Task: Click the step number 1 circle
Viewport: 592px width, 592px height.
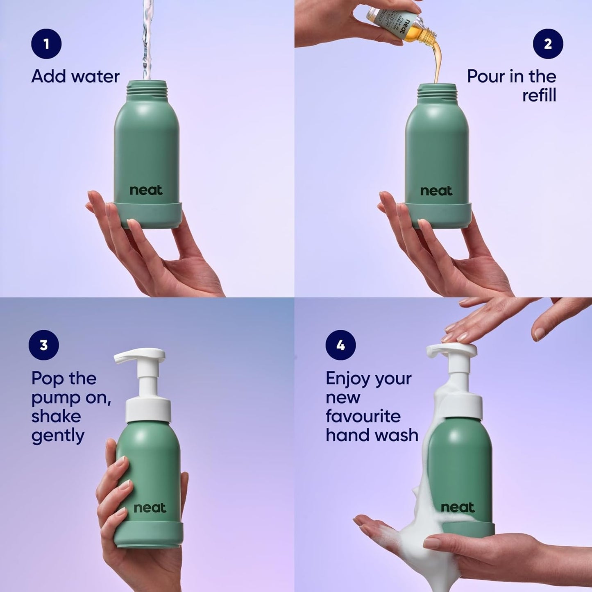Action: [x=46, y=43]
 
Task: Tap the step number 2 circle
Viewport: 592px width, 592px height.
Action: [x=548, y=43]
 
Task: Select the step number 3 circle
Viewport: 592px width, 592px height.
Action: [x=43, y=345]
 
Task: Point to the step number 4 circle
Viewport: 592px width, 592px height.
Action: [x=340, y=345]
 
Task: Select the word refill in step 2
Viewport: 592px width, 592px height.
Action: [x=539, y=95]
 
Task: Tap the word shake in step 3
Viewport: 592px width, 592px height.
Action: [x=56, y=416]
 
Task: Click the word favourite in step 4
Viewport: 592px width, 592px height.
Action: [x=363, y=416]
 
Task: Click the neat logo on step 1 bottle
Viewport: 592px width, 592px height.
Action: [x=146, y=190]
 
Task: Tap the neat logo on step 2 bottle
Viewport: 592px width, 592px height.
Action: [x=436, y=191]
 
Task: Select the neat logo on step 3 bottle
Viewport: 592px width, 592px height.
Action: [x=150, y=508]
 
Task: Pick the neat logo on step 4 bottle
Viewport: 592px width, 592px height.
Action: [x=458, y=507]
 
